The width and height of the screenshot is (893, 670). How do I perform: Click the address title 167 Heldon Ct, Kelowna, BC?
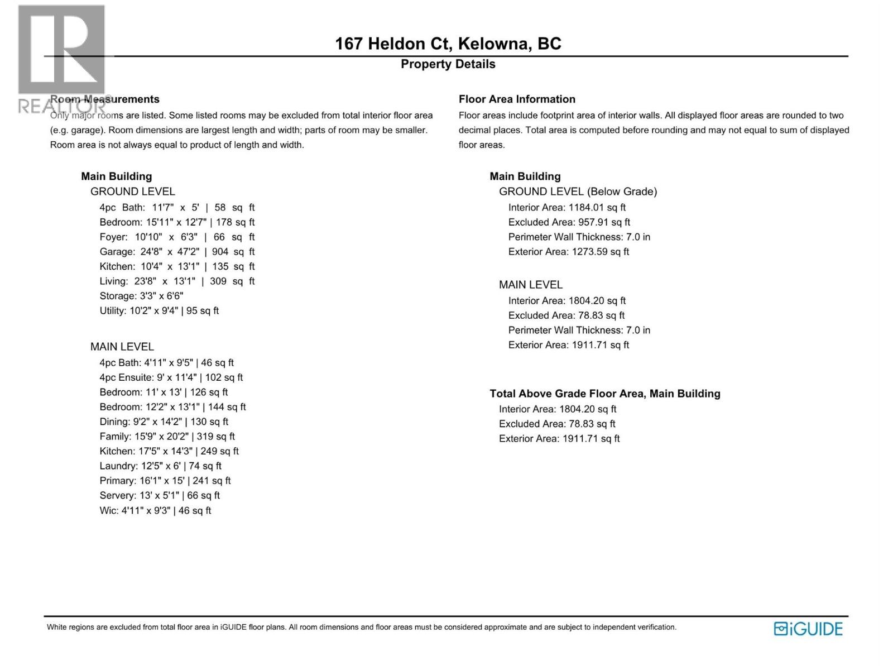[x=448, y=44]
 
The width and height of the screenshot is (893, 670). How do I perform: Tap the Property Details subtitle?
[x=448, y=64]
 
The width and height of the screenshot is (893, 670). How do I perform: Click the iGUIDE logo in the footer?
[x=808, y=629]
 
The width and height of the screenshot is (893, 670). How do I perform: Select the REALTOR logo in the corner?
[x=61, y=59]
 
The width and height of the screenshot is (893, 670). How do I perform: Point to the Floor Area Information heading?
[x=517, y=99]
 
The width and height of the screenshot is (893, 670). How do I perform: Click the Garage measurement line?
[x=177, y=252]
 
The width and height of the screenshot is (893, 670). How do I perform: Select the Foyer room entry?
[x=177, y=237]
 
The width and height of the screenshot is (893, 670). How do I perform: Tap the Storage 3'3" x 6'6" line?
[x=141, y=296]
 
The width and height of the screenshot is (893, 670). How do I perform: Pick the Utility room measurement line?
[x=159, y=311]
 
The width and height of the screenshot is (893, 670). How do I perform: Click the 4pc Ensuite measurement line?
[x=171, y=377]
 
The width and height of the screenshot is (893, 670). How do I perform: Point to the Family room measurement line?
[x=167, y=437]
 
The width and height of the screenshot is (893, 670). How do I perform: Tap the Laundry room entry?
[x=160, y=466]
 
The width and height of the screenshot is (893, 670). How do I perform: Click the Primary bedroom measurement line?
[x=165, y=481]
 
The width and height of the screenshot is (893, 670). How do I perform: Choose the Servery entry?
[x=160, y=496]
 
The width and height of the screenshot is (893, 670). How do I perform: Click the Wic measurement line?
[x=155, y=511]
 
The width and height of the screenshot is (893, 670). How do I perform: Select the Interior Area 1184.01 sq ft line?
[x=566, y=208]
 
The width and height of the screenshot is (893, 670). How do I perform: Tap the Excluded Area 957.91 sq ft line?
[x=569, y=222]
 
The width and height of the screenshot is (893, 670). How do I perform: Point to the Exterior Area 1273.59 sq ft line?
[x=568, y=252]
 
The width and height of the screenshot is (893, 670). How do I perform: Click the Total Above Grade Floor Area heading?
[x=604, y=394]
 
